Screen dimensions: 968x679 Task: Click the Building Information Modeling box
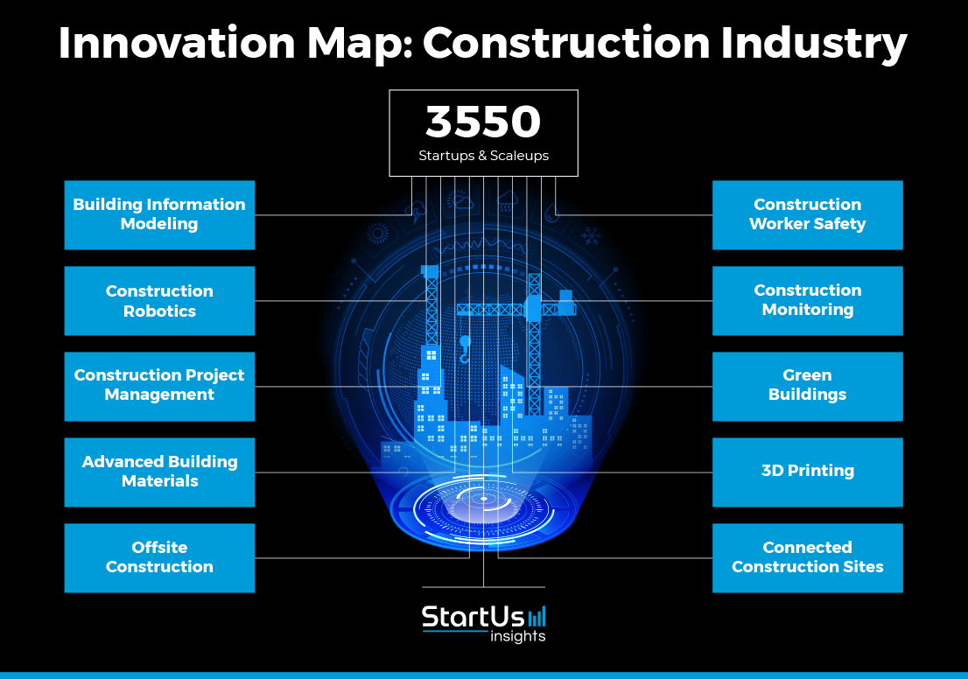point(159,214)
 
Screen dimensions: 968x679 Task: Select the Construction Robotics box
point(159,301)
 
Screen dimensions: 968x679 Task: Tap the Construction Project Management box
point(159,387)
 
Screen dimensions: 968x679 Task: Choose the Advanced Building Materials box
point(159,472)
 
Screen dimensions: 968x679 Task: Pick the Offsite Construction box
point(159,558)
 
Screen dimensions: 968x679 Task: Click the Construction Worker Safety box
point(808,214)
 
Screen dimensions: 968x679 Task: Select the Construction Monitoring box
point(808,301)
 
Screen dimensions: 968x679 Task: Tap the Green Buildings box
point(808,387)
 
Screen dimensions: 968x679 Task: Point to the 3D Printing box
point(808,472)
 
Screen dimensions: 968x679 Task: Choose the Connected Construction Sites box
point(808,558)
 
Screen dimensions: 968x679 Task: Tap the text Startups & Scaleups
point(483,156)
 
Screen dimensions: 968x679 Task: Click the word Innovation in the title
point(177,43)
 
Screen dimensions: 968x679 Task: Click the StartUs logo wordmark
point(473,617)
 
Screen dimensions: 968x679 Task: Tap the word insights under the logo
point(518,636)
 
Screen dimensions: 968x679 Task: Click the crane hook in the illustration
point(464,350)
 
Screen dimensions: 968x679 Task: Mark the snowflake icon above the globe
point(592,235)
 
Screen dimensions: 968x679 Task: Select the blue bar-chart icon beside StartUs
point(537,617)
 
